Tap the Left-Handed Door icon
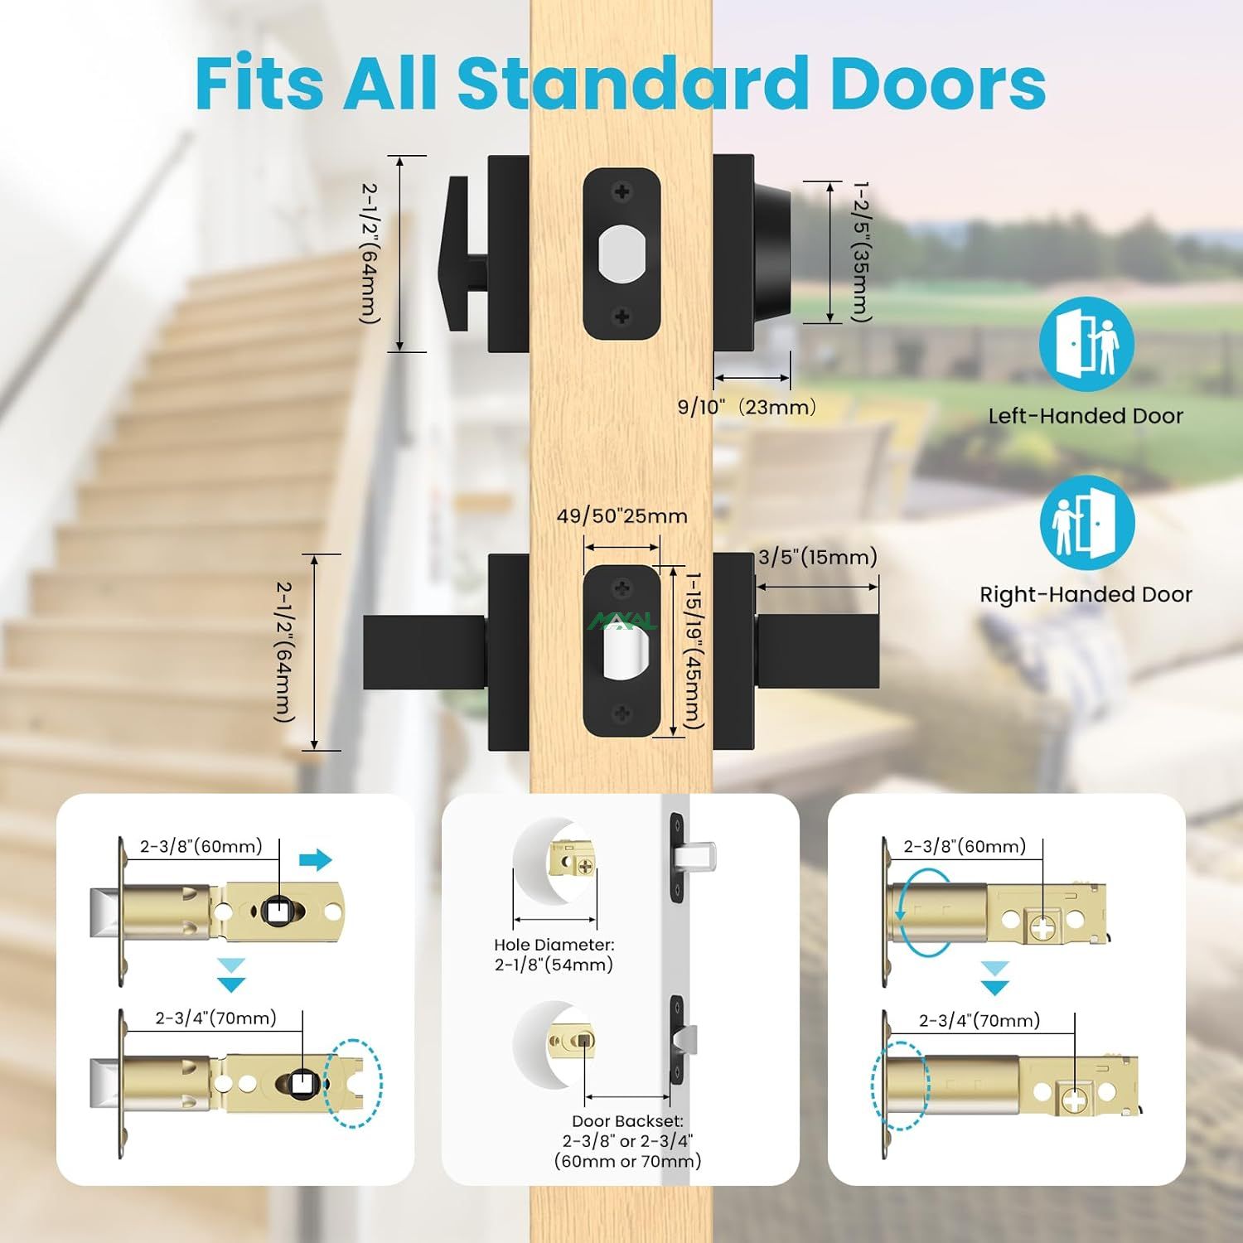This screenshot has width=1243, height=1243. (x=1086, y=344)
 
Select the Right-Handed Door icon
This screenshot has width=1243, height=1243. (x=1087, y=522)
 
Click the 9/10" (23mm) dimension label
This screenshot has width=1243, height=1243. (x=747, y=407)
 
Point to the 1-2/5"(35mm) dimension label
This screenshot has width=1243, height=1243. (x=862, y=252)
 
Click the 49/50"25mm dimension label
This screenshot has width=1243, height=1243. (x=621, y=516)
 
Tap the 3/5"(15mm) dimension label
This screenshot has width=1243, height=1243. (x=817, y=557)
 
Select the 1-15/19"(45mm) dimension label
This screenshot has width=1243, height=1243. (x=693, y=651)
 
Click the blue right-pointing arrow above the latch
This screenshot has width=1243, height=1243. (x=315, y=860)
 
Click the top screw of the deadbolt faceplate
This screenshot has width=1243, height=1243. (x=621, y=192)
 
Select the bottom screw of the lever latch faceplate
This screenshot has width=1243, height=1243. (x=621, y=713)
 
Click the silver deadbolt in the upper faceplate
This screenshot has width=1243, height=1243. (x=621, y=254)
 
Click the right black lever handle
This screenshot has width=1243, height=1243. (x=817, y=651)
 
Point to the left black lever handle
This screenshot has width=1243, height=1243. (x=424, y=652)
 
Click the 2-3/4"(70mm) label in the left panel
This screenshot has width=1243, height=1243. (x=215, y=1018)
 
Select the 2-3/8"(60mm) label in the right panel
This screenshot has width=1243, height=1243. (x=965, y=846)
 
